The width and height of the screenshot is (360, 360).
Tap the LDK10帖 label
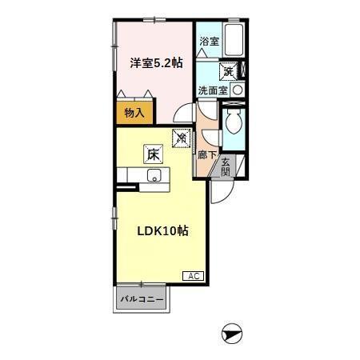click(x=162, y=231)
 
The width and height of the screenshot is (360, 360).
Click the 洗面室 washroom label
click(x=213, y=90)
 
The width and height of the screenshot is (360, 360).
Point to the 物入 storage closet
click(x=134, y=114)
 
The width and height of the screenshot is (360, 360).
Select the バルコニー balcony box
click(x=141, y=299)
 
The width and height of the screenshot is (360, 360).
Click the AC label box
click(x=194, y=276)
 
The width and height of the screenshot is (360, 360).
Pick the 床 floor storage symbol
click(x=152, y=154)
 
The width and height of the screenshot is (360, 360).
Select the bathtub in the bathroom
click(x=235, y=39)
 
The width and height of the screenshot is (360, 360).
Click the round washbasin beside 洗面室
click(x=238, y=90)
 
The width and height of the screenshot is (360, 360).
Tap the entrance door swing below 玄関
click(x=220, y=189)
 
